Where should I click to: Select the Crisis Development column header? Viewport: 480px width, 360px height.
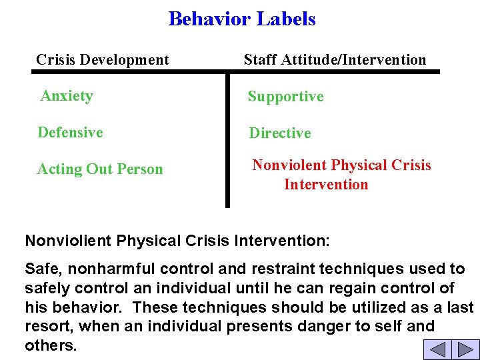[103, 60]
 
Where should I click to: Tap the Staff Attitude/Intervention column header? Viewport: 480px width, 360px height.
[335, 60]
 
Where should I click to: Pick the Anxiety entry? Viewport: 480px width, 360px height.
[67, 96]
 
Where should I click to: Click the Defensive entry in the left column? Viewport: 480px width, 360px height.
[70, 133]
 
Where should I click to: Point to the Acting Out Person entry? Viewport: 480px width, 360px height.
[100, 169]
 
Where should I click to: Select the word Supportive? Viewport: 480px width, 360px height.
[285, 97]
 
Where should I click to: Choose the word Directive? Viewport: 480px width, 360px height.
[280, 133]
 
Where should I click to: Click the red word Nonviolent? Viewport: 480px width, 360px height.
[289, 165]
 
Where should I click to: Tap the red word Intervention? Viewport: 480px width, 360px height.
[326, 185]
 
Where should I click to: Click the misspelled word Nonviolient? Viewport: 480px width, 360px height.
[69, 240]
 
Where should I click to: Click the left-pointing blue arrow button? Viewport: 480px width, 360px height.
[437, 349]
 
